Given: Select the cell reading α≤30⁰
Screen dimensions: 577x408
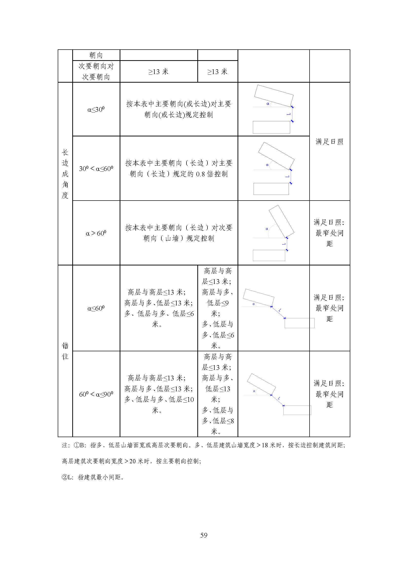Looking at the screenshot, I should coord(96,110).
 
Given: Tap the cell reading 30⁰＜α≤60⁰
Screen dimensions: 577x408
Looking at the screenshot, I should coord(96,168).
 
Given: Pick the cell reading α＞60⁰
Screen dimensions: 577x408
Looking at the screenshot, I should coord(96,233).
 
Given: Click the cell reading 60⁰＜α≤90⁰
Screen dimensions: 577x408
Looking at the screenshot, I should coord(96,394).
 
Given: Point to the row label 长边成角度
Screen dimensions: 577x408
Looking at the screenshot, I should coord(65,174).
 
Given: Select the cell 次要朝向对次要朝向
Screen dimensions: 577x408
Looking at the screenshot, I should coord(96,72).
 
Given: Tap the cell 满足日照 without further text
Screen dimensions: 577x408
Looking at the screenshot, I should coord(329,142).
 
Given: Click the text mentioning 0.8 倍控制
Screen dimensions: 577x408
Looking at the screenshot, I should coord(179,168).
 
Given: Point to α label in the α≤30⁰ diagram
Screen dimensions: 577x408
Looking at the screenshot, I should coord(268,104).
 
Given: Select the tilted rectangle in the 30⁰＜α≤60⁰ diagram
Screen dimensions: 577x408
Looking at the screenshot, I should coord(276,156).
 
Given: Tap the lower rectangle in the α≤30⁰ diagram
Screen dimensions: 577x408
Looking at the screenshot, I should coord(271,127).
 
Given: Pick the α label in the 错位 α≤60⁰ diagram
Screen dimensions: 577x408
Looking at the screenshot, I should coord(254,304).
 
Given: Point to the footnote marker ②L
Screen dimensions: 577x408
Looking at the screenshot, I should coord(67,477).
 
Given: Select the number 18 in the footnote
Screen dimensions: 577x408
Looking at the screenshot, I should coord(264,445).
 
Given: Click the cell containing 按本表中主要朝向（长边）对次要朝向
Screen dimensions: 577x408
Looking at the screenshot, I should coord(179,233).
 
